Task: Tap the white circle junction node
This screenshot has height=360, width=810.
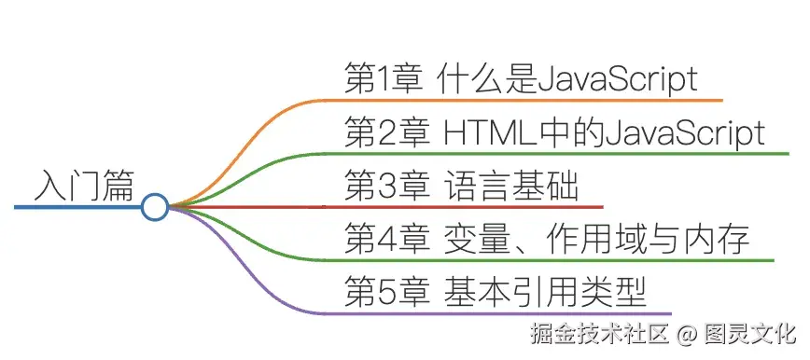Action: [155, 207]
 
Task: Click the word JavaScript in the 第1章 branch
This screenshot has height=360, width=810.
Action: [617, 79]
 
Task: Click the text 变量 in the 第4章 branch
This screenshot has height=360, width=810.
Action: [470, 241]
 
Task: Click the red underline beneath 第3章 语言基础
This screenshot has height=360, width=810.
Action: [467, 206]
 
